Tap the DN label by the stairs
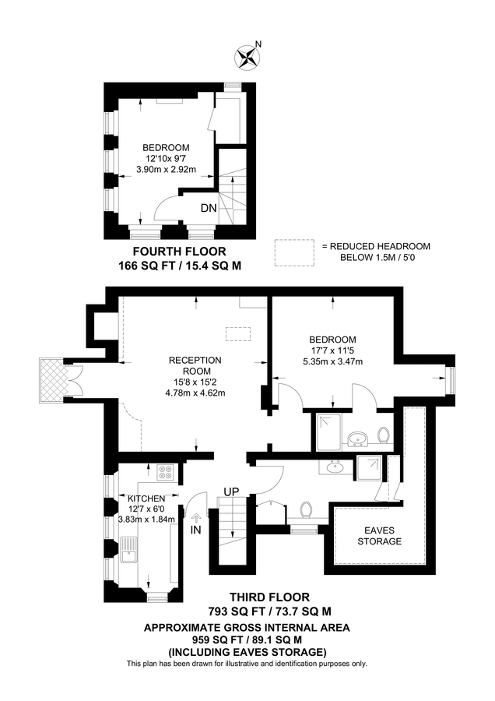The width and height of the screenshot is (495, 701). (x=209, y=208)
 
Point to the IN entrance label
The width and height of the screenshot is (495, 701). (x=195, y=529)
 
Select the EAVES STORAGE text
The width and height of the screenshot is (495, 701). (x=381, y=535)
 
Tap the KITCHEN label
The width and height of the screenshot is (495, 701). (x=146, y=498)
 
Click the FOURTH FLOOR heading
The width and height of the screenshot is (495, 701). (x=180, y=252)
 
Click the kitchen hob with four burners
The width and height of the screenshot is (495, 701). (x=166, y=472)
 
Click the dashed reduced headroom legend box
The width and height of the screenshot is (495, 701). (x=293, y=252)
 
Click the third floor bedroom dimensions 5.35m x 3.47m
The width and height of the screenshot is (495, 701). (x=332, y=361)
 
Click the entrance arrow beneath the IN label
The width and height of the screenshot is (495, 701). (x=195, y=516)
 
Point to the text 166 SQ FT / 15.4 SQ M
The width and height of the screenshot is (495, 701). (x=180, y=266)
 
